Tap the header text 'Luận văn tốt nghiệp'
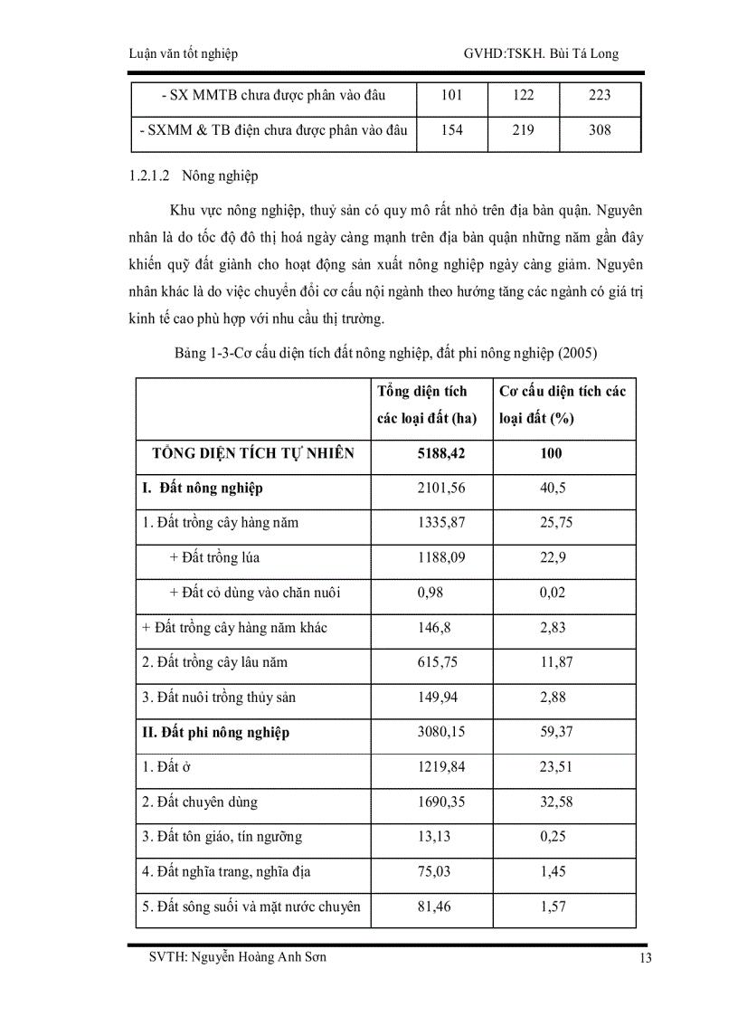pos(184,53)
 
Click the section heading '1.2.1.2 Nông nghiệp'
pos(194,176)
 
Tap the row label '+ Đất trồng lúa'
pos(214,558)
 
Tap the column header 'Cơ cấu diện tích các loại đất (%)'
pos(563,404)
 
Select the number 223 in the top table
pos(599,95)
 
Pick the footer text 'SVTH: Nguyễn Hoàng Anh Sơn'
pos(238,958)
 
